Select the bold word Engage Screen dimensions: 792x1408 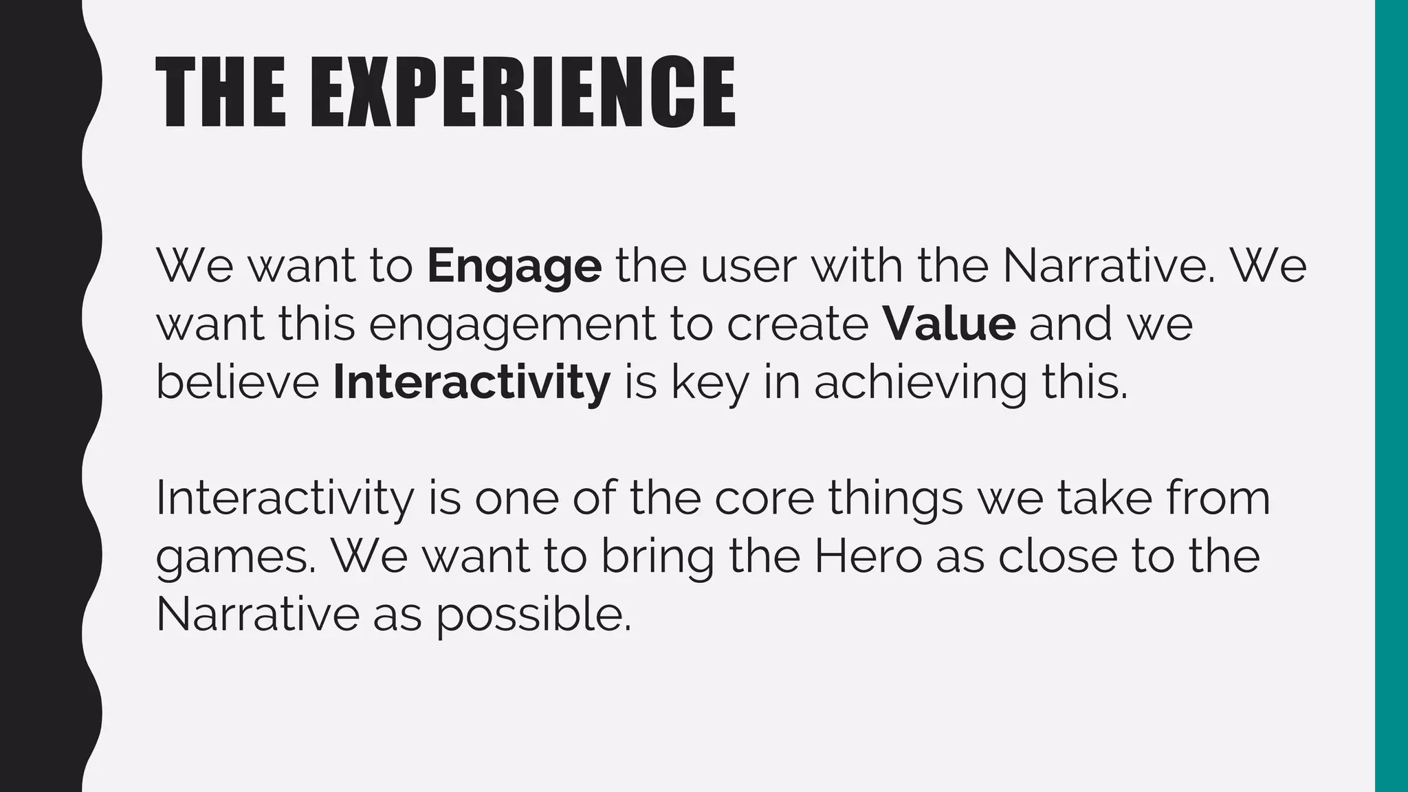tap(514, 266)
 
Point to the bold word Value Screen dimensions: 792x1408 tap(949, 324)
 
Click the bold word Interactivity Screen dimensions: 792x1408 tap(472, 382)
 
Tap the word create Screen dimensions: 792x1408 tap(797, 324)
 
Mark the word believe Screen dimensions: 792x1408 tap(238, 382)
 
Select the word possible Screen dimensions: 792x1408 tap(533, 615)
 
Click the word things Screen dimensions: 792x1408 tap(895, 499)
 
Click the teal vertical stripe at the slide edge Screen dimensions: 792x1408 tap(1391, 396)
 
